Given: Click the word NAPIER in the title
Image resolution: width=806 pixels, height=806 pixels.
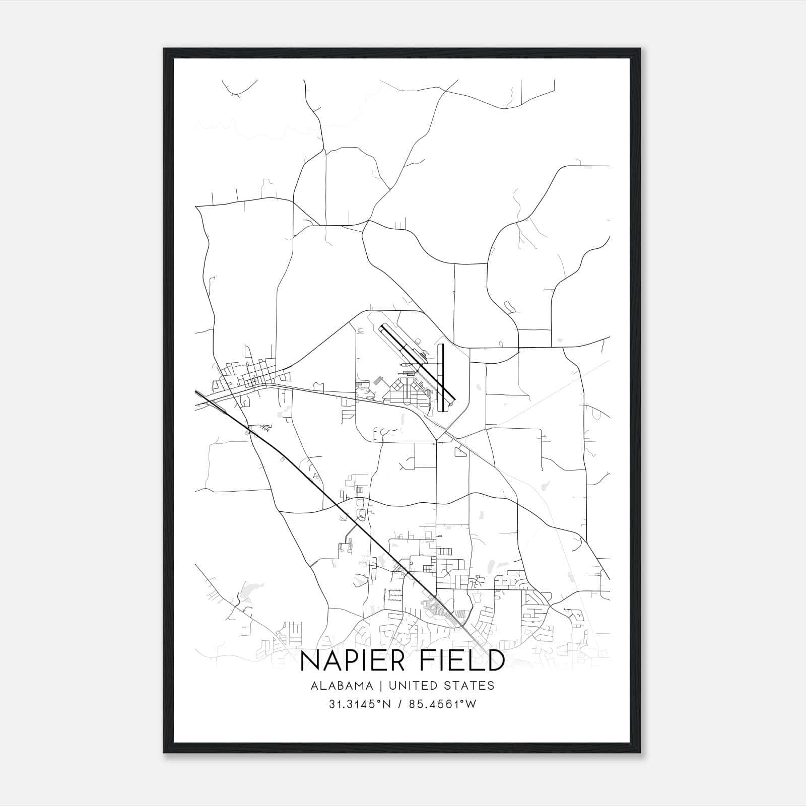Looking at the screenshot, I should pyautogui.click(x=352, y=661).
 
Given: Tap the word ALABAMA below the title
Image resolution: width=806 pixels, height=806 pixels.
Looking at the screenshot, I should pyautogui.click(x=342, y=686).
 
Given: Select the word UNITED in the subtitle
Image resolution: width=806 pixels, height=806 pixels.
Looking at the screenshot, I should pyautogui.click(x=409, y=686).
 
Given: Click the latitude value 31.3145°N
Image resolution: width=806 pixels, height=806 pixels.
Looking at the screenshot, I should pyautogui.click(x=360, y=704).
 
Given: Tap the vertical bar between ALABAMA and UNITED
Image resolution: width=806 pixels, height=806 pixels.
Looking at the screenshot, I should pyautogui.click(x=381, y=686).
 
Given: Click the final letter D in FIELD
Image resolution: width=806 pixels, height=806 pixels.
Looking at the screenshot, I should pyautogui.click(x=496, y=661).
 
